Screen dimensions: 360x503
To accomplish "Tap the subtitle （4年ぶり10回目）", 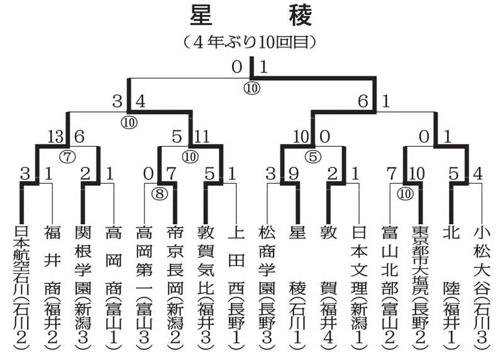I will tap(251, 43).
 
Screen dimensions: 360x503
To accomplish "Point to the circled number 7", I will tap(67, 154).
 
